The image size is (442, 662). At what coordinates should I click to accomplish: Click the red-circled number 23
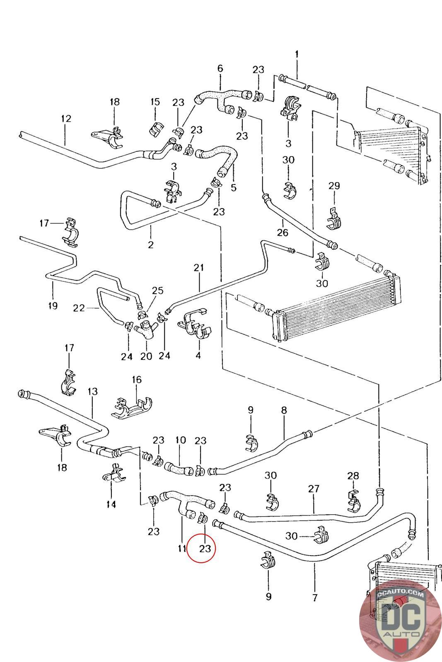click(205, 549)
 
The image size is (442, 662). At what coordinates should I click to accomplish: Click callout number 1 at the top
click(297, 54)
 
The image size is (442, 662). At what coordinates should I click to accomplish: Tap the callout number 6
click(220, 69)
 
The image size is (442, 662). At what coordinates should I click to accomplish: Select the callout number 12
click(66, 118)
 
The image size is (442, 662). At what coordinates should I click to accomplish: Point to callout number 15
click(155, 102)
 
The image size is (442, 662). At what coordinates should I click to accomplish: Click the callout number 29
click(334, 186)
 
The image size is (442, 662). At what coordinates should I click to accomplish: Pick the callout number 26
click(283, 232)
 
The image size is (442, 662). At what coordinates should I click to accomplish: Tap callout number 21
click(199, 268)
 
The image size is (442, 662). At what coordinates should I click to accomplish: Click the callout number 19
click(53, 306)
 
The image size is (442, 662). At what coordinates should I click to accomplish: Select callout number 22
click(79, 308)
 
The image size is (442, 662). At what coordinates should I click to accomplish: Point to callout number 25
click(158, 290)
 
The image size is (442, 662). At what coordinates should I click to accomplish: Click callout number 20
click(146, 356)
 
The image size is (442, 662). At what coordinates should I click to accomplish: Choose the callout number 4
click(198, 355)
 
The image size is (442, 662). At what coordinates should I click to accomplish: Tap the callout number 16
click(137, 379)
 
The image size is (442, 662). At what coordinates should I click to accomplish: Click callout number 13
click(93, 391)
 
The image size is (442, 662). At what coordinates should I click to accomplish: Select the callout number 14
click(111, 504)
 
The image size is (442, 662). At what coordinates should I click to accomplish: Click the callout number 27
click(314, 489)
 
